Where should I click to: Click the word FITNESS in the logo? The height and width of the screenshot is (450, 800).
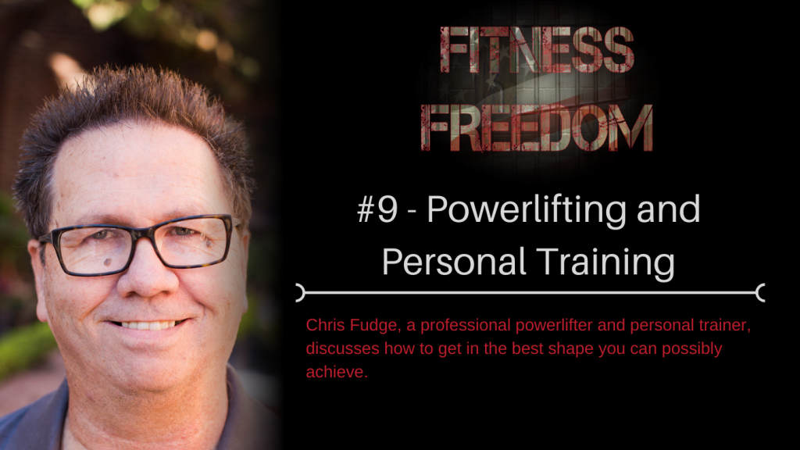[x=537, y=50]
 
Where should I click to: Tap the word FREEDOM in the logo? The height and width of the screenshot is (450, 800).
[x=537, y=128]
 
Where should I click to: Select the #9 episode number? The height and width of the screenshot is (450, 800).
[x=377, y=209]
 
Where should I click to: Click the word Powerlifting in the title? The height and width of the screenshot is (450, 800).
[x=527, y=211]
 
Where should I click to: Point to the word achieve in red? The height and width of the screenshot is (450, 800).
[x=337, y=372]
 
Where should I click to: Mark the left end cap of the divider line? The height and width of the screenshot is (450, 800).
[x=301, y=293]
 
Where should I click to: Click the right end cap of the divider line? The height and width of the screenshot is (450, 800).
[x=760, y=293]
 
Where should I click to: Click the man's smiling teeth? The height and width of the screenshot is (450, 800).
[x=148, y=324]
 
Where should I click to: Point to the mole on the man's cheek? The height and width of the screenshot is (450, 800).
[x=108, y=262]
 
